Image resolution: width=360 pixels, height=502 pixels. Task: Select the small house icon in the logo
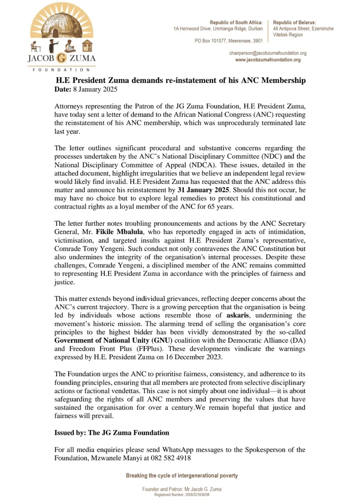pyautogui.click(x=87, y=46)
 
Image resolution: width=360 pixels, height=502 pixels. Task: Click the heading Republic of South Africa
pyautogui.click(x=236, y=22)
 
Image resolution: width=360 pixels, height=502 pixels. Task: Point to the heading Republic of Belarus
pyautogui.click(x=294, y=22)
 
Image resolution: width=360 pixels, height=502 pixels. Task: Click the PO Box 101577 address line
pyautogui.click(x=229, y=41)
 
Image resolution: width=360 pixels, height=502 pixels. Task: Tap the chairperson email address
pyautogui.click(x=268, y=53)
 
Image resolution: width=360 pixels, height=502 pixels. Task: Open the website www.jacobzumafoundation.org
pyautogui.click(x=268, y=60)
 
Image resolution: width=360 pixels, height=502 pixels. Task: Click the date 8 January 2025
pyautogui.click(x=95, y=89)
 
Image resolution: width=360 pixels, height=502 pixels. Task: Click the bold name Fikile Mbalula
pyautogui.click(x=119, y=232)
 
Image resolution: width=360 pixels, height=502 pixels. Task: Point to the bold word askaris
pyautogui.click(x=238, y=315)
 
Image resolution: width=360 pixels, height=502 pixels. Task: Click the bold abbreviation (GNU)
pyautogui.click(x=162, y=340)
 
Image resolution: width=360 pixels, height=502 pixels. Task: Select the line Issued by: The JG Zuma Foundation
pyautogui.click(x=112, y=432)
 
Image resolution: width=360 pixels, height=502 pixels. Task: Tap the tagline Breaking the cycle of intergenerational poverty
pyautogui.click(x=182, y=475)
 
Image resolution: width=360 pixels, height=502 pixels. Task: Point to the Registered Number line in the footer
pyautogui.click(x=182, y=495)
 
